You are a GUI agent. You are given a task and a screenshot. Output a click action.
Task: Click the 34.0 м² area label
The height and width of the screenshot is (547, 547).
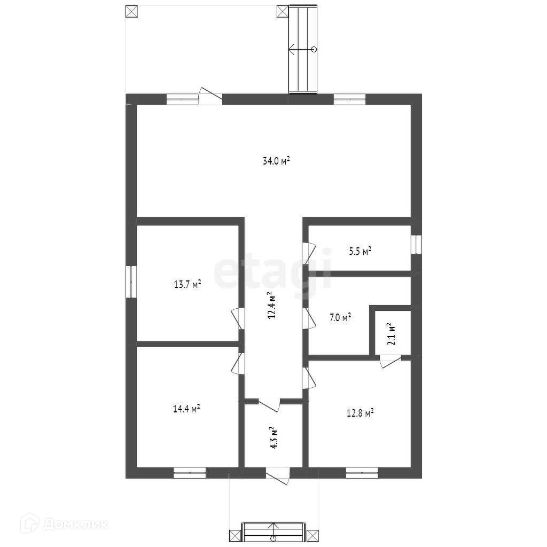(x=276, y=160)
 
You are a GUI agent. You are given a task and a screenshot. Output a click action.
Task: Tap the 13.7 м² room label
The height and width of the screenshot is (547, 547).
(x=187, y=285)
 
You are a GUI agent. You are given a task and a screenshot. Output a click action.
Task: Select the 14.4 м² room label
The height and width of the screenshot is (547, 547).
(x=186, y=410)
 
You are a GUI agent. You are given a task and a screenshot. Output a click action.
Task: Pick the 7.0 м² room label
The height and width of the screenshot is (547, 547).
(x=340, y=318)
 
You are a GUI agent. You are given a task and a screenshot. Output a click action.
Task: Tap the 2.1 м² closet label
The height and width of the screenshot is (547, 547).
(x=390, y=334)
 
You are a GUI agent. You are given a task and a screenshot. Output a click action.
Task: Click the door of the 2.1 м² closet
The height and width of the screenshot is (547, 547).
(x=389, y=361)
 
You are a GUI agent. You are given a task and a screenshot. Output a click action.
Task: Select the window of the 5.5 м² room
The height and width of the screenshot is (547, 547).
(x=416, y=244)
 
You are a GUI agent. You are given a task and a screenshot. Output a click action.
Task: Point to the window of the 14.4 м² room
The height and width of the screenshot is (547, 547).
(x=190, y=472)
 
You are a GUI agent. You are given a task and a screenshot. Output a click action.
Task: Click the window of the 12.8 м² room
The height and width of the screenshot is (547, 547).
(x=362, y=472)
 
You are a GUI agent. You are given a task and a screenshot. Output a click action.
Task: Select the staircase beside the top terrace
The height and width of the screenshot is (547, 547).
(x=303, y=49)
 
